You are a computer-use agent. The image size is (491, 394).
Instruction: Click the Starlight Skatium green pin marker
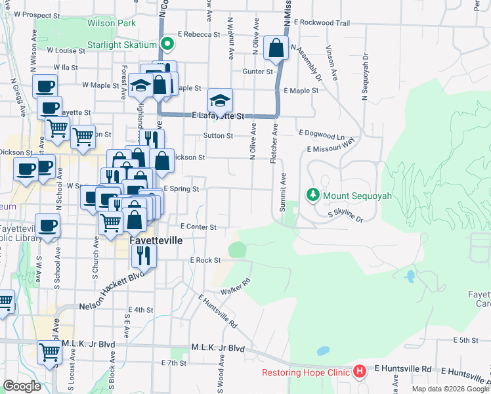click(167, 45)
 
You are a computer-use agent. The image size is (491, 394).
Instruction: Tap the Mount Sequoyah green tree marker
click(313, 194)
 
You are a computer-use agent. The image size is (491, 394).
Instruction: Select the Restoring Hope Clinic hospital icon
click(359, 372)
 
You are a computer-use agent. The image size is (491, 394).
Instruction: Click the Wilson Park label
click(112, 23)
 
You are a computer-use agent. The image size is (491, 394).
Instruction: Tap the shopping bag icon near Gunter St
click(276, 48)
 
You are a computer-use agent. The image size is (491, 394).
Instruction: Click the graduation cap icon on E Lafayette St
click(220, 100)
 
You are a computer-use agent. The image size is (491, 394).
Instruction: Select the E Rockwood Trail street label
click(322, 23)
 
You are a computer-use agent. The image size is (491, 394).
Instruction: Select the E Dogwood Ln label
click(322, 133)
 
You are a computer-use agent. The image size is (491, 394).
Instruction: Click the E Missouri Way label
click(330, 148)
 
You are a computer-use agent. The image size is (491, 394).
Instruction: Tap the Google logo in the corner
click(22, 386)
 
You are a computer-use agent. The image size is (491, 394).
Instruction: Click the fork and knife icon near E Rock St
click(144, 255)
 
